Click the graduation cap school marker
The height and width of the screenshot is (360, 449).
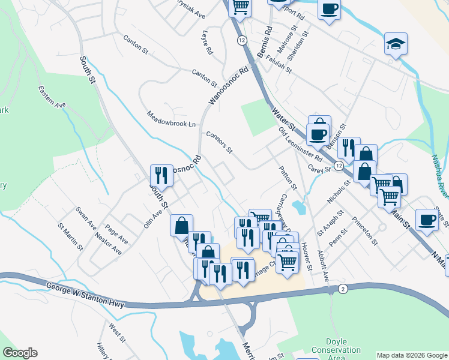[x=395, y=43]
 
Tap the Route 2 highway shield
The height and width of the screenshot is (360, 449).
[x=342, y=289]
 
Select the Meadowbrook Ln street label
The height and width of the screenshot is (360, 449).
[x=171, y=119]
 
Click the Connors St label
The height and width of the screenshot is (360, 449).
[x=218, y=142]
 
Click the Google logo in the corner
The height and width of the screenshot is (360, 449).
[x=20, y=353]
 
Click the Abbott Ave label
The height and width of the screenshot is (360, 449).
[x=324, y=266]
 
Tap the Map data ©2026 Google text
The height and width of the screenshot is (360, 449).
[x=412, y=355]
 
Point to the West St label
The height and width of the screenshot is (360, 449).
[x=116, y=334]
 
